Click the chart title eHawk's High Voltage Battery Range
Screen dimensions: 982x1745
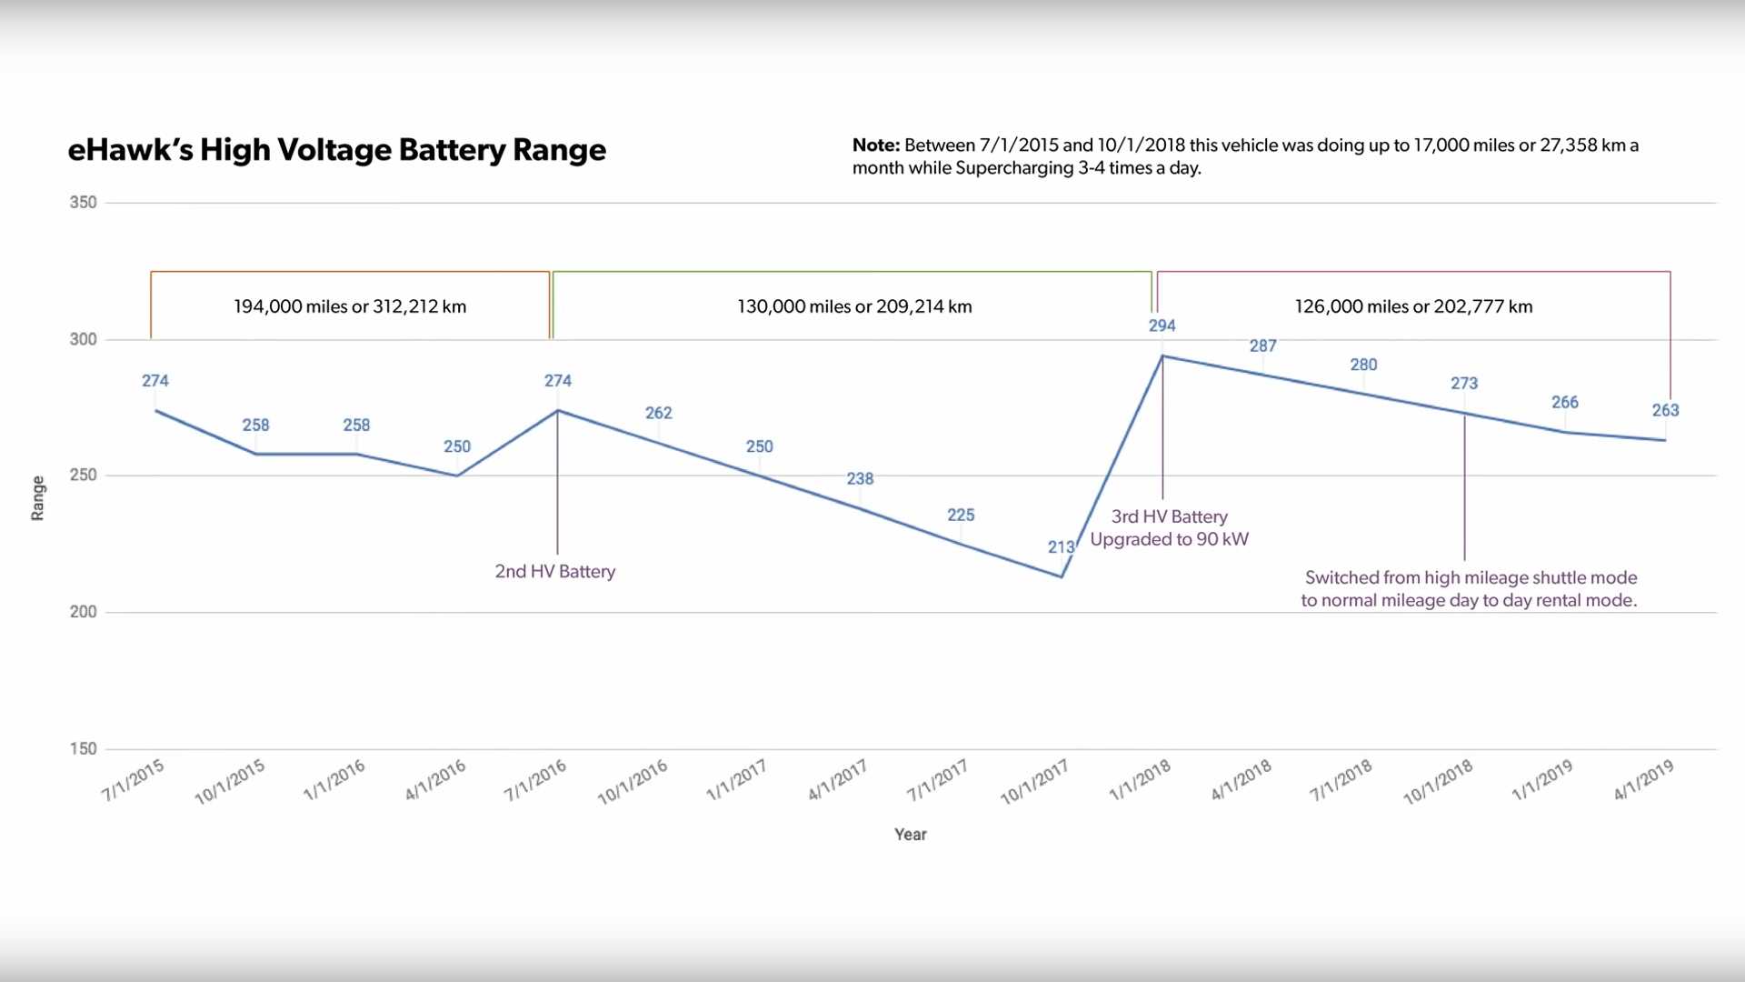point(336,150)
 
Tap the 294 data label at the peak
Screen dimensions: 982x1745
point(1162,326)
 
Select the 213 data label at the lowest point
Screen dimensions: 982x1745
point(1061,547)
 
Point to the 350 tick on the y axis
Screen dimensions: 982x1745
point(83,202)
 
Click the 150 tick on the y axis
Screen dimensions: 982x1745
point(83,748)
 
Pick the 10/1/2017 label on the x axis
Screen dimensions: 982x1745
point(1034,783)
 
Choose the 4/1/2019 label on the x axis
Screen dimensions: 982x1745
point(1643,780)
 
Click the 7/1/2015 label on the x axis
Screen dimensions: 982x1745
point(133,780)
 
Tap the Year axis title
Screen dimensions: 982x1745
point(910,835)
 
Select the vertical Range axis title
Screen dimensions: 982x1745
point(37,498)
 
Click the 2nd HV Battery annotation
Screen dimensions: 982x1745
point(554,571)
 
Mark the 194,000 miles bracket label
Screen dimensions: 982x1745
point(350,306)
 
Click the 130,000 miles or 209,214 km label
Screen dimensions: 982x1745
point(854,306)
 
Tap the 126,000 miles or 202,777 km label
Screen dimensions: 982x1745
point(1413,306)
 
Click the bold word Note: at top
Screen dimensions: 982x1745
point(875,145)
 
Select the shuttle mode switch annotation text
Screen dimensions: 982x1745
point(1469,588)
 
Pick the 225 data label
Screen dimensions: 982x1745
point(960,515)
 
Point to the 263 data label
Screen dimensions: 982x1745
point(1665,410)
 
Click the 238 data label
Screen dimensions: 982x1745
point(860,478)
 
